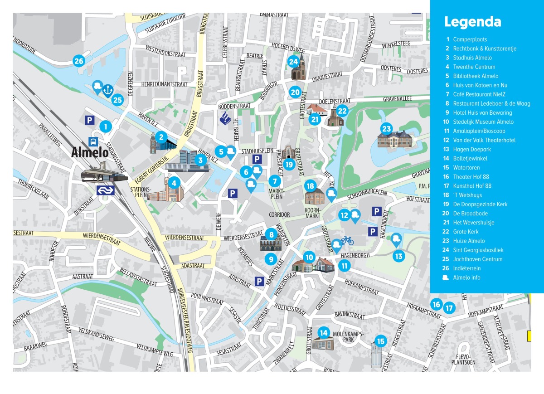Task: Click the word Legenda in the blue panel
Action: (472, 22)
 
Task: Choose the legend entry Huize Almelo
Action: (469, 241)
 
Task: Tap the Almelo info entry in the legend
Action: (466, 277)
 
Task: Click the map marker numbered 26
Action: (79, 61)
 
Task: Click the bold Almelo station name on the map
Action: (90, 153)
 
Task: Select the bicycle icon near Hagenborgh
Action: (347, 240)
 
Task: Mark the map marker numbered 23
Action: (386, 128)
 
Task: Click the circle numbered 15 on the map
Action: (380, 341)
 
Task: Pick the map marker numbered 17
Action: (449, 308)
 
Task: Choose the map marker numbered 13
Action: (398, 256)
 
